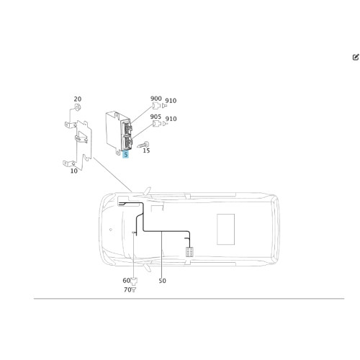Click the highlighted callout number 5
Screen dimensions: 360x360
tap(125, 155)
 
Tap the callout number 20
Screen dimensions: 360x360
tap(78, 99)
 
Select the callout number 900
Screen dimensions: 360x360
tap(156, 99)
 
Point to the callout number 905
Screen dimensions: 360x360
tap(156, 117)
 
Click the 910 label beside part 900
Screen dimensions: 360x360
tap(171, 101)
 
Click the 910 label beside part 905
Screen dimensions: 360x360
tap(171, 119)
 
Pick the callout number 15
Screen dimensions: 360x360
tap(146, 150)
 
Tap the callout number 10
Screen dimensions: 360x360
tap(74, 171)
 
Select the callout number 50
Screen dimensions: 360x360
tap(162, 281)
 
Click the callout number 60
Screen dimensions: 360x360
tap(126, 280)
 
